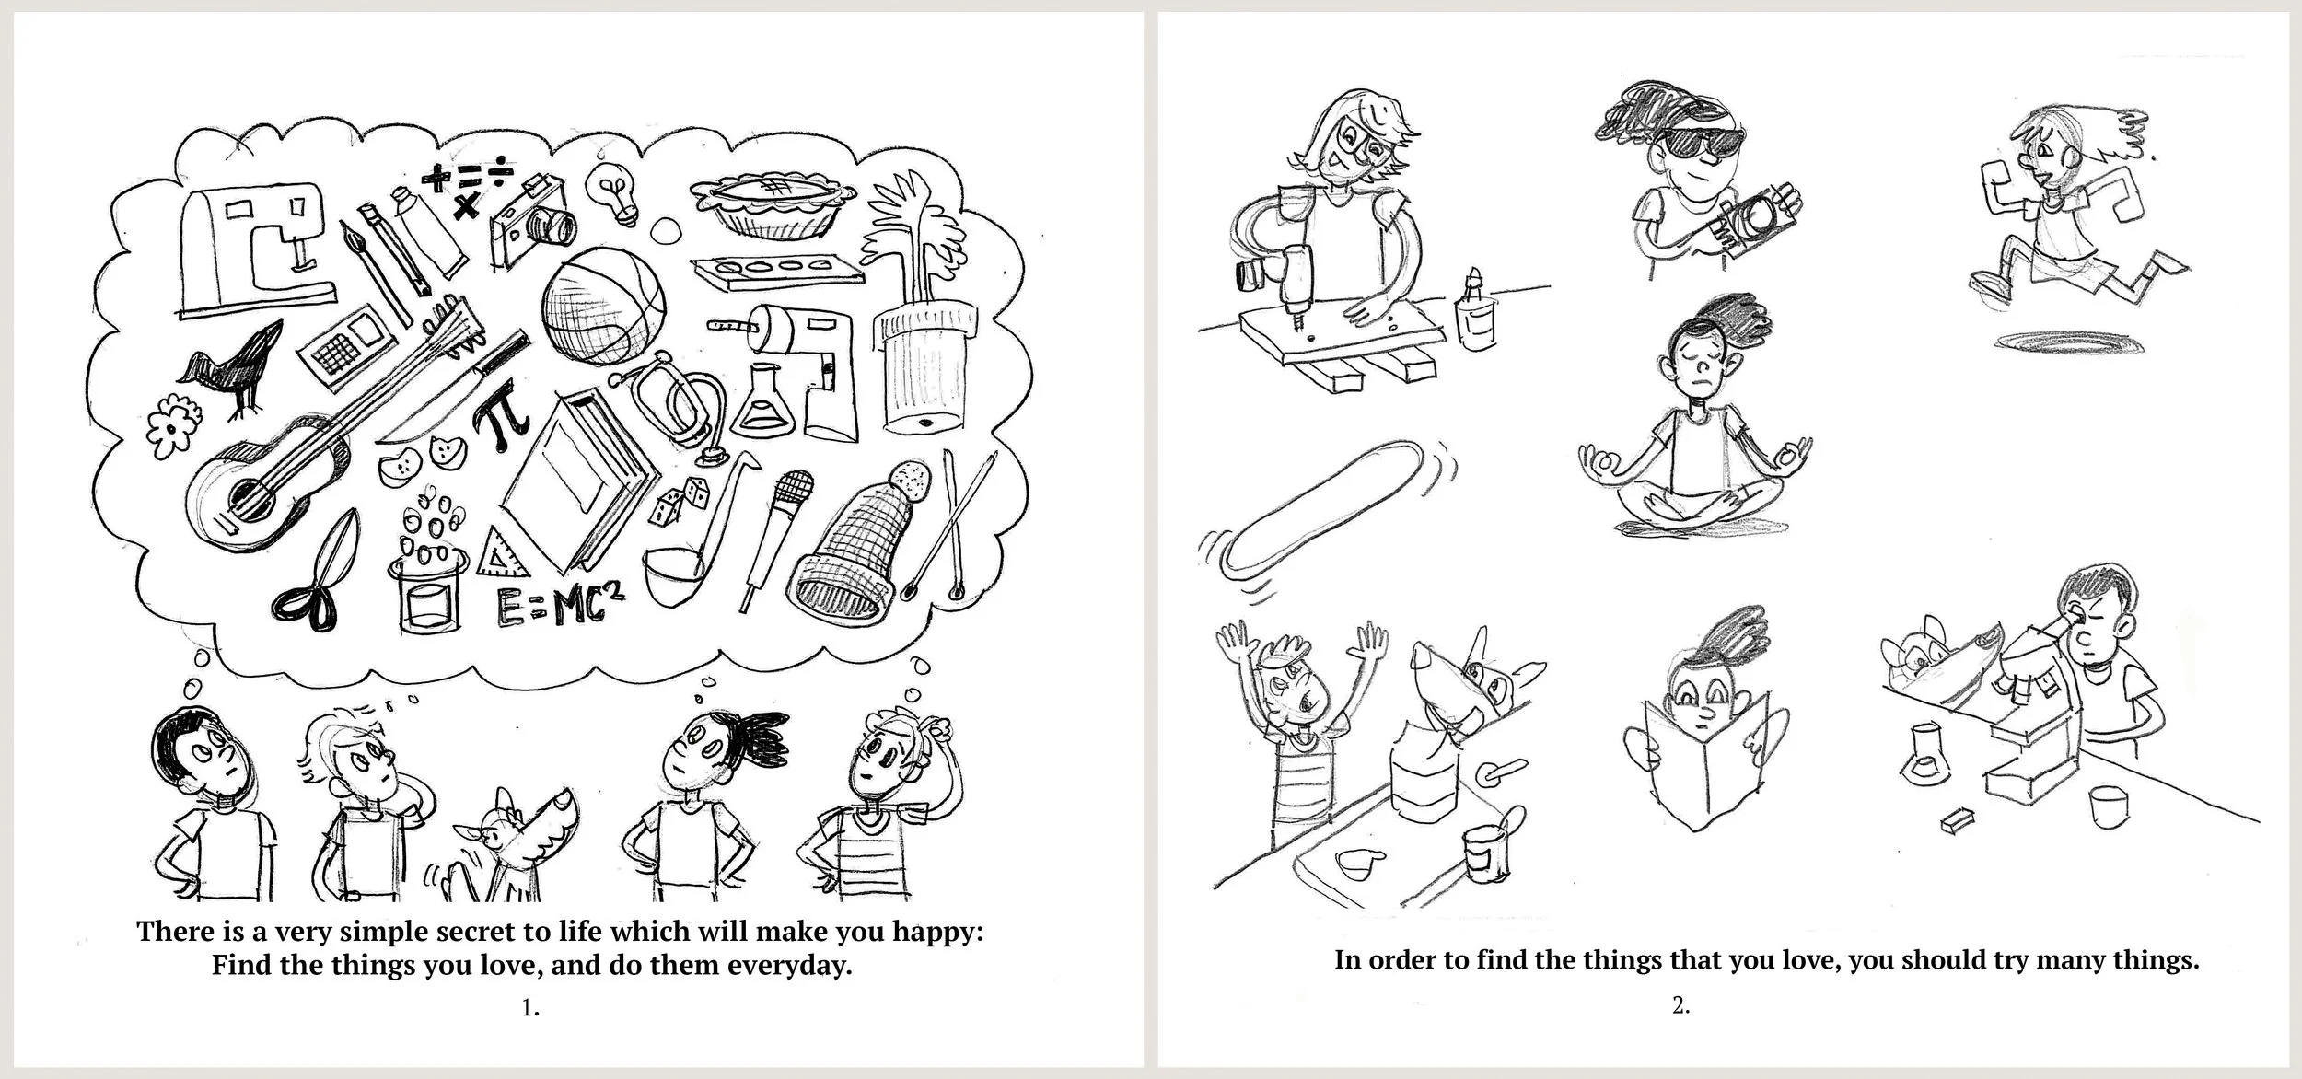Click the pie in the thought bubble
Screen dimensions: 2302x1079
[x=771, y=213]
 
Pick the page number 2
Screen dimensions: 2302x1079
[x=1681, y=1005]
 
